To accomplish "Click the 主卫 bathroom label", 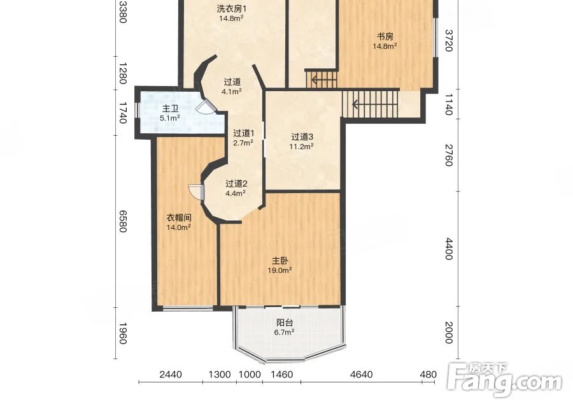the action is [x=170, y=108].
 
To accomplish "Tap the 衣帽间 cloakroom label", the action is [x=179, y=218].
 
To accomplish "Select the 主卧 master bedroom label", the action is [x=280, y=261].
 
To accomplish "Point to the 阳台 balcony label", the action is [x=285, y=323].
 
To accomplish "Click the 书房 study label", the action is [x=385, y=36].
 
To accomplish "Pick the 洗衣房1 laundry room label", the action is [x=232, y=8].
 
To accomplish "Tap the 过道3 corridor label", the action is [x=302, y=137].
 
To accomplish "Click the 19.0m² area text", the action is [x=280, y=270].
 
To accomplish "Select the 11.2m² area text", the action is [x=302, y=147].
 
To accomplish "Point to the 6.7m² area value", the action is [x=285, y=332].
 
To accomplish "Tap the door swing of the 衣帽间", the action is [x=197, y=192].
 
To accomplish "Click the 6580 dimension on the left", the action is [x=123, y=221].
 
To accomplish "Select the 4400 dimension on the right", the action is [x=449, y=249].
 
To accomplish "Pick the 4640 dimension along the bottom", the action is [x=361, y=375].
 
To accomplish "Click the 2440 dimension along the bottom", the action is [x=171, y=375].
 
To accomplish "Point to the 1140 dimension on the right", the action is [x=449, y=105].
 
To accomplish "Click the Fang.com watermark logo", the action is [x=505, y=381].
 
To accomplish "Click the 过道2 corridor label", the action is [x=236, y=184].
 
